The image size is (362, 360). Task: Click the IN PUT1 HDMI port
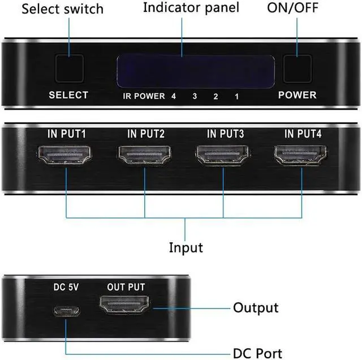point(64,155)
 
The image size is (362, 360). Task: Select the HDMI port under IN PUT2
point(145,155)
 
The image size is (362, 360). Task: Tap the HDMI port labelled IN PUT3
point(223,155)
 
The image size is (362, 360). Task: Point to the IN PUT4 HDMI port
point(301,155)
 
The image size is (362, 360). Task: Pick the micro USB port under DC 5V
point(67,311)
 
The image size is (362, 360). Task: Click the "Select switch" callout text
point(63,9)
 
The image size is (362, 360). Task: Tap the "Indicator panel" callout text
point(191,8)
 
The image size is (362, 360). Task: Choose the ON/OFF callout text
point(292,7)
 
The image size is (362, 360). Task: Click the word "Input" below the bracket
point(186,248)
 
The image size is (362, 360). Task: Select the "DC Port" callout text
point(257,353)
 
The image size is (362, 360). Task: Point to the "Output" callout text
point(256,308)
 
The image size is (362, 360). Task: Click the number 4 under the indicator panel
point(174,96)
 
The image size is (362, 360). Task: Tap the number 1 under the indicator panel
point(236,96)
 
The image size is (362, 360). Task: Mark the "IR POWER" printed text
point(144,96)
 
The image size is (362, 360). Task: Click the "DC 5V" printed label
point(66,287)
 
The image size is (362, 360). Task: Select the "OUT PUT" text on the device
point(126,287)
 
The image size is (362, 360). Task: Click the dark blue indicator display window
point(196,71)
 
